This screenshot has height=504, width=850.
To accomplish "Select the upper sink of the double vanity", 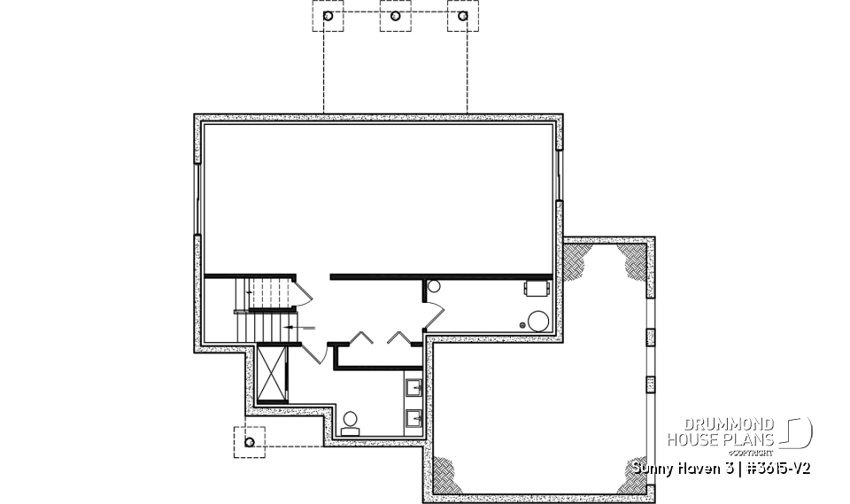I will [x=413, y=388].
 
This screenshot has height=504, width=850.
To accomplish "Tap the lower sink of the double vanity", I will [x=413, y=415].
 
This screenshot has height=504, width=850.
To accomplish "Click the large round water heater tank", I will [x=537, y=320].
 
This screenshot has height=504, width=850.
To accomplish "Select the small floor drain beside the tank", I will [x=522, y=325].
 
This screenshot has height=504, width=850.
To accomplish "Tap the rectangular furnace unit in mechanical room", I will [x=537, y=287].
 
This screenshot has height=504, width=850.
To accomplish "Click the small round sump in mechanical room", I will [x=434, y=287].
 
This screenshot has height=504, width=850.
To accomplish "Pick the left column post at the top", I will [x=328, y=17].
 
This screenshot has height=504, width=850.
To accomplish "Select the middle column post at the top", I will [x=396, y=17].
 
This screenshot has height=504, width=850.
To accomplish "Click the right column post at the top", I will [x=462, y=17].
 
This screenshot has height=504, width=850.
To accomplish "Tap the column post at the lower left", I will [x=250, y=441].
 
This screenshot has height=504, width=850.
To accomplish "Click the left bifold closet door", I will [x=361, y=337].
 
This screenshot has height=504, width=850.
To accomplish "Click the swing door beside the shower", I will [x=313, y=352].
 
